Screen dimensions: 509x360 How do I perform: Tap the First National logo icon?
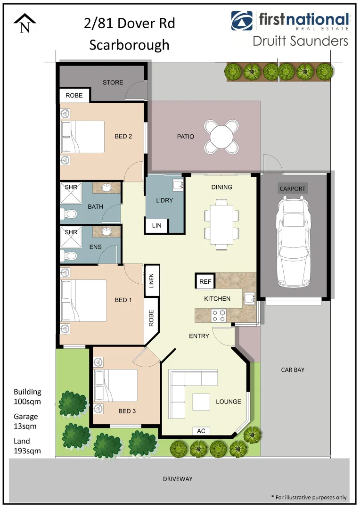(242, 20)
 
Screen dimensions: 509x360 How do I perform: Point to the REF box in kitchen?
(205, 282)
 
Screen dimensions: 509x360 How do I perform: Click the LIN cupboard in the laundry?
(157, 226)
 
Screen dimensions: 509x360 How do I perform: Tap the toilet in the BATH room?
(70, 214)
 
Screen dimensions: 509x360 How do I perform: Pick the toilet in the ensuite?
(70, 256)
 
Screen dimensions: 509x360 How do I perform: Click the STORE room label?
(113, 82)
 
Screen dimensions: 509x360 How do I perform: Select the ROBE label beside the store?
(74, 95)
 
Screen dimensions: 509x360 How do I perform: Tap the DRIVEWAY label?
(178, 479)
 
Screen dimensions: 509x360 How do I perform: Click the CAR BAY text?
(293, 370)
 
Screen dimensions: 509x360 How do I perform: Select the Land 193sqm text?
(27, 446)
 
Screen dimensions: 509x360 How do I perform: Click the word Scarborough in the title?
(129, 45)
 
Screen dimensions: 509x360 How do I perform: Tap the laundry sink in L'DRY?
(178, 184)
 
